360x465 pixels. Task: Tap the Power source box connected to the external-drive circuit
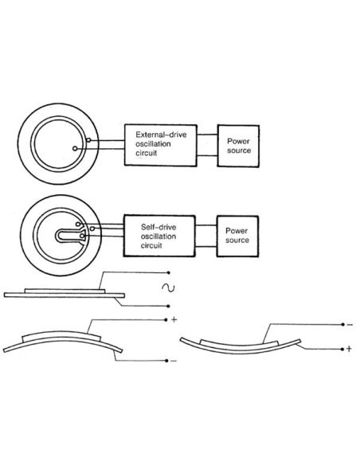(x=237, y=144)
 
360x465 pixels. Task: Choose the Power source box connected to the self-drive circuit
(x=237, y=235)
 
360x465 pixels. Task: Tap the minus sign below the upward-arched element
(x=173, y=361)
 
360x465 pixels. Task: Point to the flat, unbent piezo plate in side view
(x=64, y=294)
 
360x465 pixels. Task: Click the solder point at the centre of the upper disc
(x=75, y=147)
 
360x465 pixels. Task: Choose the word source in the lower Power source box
(x=237, y=240)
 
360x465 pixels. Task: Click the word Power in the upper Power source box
(x=237, y=139)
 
